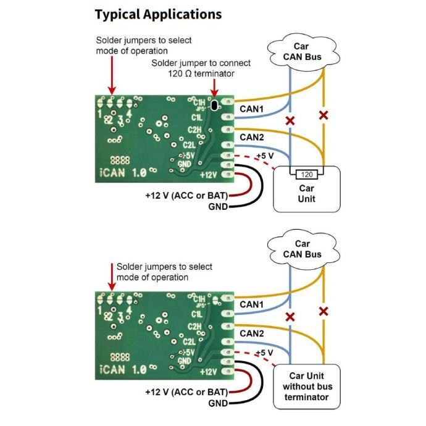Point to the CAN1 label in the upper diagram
click(251, 109)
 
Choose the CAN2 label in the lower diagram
click(251, 333)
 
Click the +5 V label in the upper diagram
click(264, 156)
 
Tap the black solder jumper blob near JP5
click(214, 106)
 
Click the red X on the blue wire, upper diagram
click(290, 120)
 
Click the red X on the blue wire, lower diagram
click(290, 317)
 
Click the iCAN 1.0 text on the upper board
click(122, 173)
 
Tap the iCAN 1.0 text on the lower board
click(122, 369)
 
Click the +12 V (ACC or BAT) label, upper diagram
click(186, 194)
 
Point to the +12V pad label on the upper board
click(208, 175)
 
